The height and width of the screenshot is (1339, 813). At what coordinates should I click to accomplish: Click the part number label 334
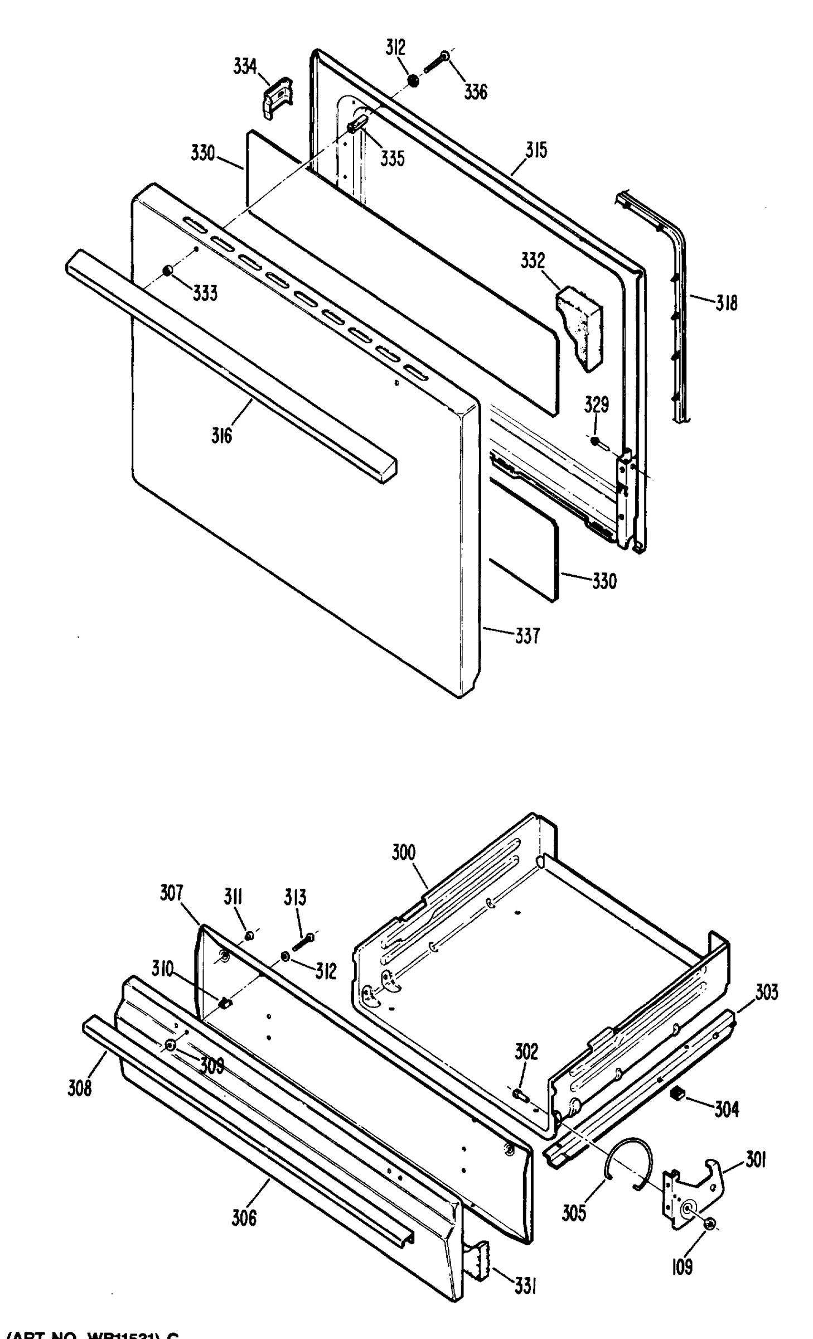pyautogui.click(x=245, y=68)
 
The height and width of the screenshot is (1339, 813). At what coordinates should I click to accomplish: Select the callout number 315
pyautogui.click(x=536, y=151)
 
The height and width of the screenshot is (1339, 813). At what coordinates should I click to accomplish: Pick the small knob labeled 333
pyautogui.click(x=167, y=271)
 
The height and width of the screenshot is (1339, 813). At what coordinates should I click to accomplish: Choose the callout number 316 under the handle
pyautogui.click(x=221, y=435)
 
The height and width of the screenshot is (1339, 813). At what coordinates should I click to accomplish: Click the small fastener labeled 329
pyautogui.click(x=596, y=441)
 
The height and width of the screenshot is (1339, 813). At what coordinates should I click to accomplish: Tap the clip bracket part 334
pyautogui.click(x=277, y=98)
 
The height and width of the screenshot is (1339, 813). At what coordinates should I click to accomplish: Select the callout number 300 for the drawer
pyautogui.click(x=404, y=852)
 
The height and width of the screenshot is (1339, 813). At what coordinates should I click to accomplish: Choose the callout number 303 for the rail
pyautogui.click(x=767, y=993)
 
